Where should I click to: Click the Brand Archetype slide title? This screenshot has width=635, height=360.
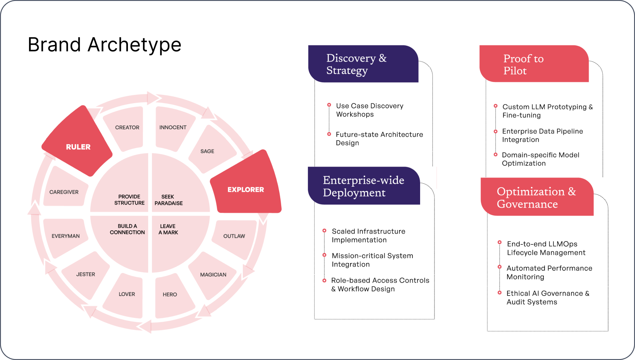click(104, 45)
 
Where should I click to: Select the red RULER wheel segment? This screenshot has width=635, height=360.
click(78, 147)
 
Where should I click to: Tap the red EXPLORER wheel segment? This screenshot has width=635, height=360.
click(246, 189)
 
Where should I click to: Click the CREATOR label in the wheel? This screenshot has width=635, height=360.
click(127, 127)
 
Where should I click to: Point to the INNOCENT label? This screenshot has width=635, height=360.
click(173, 127)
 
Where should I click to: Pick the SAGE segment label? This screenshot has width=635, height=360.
click(207, 151)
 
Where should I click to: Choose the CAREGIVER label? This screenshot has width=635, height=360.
click(64, 192)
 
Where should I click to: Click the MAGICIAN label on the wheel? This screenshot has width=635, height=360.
click(213, 275)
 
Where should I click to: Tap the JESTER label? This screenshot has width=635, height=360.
click(85, 274)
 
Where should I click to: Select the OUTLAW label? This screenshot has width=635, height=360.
click(234, 236)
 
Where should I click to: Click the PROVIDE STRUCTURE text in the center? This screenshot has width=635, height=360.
click(129, 200)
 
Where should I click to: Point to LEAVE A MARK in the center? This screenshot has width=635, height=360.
click(168, 229)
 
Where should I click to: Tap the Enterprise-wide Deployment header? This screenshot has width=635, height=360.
click(363, 186)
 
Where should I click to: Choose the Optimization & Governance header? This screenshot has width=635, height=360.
click(536, 197)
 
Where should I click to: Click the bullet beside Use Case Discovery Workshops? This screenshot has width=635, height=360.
click(329, 105)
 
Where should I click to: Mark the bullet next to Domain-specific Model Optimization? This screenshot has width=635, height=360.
click(495, 155)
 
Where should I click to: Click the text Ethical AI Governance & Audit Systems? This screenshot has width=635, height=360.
click(548, 297)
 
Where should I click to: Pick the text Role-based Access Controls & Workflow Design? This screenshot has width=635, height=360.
click(380, 285)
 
